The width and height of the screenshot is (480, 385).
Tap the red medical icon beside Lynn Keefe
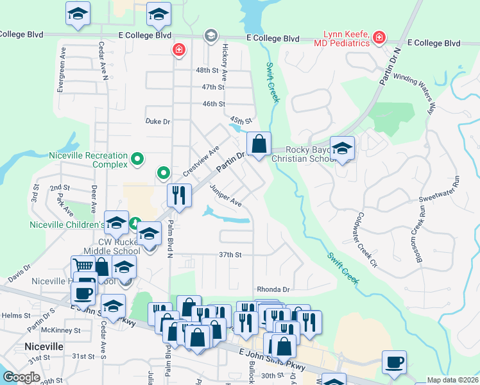click(380, 37)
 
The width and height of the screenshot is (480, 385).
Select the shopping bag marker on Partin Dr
click(259, 145)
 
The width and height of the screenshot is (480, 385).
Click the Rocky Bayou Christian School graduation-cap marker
click(342, 149)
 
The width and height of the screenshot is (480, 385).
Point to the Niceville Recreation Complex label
click(89, 159)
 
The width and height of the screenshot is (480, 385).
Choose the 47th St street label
click(213, 87)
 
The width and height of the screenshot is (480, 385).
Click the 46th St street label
click(214, 103)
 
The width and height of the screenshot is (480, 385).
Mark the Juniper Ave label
click(225, 196)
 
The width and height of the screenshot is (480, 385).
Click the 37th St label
click(230, 255)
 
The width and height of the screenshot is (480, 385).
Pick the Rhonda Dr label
click(273, 289)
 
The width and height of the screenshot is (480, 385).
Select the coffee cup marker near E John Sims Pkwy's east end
click(394, 362)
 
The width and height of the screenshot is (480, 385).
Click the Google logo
click(21, 377)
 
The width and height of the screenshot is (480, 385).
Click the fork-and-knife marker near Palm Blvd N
click(180, 196)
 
